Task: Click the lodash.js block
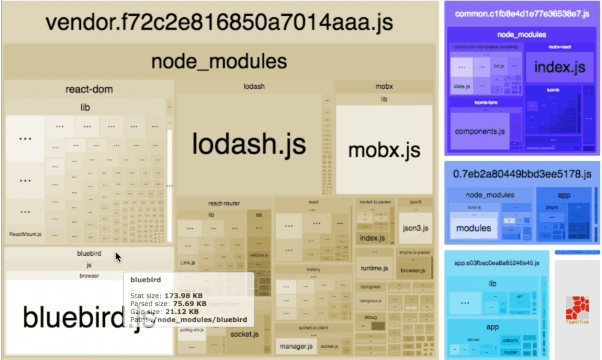coord(249,144)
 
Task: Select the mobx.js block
coord(384,150)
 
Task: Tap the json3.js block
coord(415,228)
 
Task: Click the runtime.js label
coord(374,268)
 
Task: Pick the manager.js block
coord(296,346)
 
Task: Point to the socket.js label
coord(244,334)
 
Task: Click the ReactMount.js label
coord(25,234)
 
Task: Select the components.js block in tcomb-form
coord(480,131)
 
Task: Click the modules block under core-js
coord(474,228)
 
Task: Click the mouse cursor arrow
coord(118,256)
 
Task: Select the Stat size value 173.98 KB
coord(183,296)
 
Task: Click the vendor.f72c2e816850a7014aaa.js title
coord(219,22)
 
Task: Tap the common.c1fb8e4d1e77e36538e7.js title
coord(522,14)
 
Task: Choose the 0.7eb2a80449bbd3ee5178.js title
coord(522,174)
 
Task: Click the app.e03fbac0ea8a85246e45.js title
coord(497,263)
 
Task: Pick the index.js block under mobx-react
coord(559,67)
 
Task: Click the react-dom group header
coord(89,89)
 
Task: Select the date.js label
coord(462,86)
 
